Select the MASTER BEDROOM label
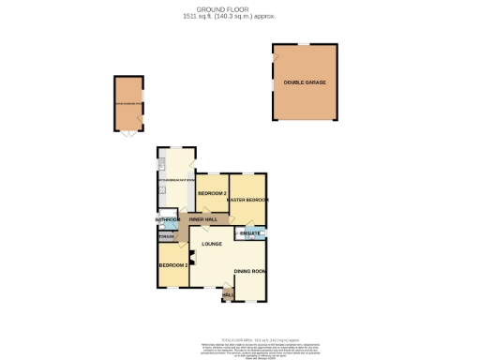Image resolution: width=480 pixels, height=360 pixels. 247,200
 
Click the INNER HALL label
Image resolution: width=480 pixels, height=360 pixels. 203,219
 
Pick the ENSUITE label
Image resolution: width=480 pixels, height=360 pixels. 249,232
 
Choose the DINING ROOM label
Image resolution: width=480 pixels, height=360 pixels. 250,272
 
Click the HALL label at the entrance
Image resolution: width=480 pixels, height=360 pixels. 227,294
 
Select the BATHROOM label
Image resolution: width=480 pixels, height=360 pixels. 168,220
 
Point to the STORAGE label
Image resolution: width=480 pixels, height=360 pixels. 167,237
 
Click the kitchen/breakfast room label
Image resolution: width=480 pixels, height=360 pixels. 176,178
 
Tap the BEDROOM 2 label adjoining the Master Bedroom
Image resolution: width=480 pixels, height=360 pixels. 212,193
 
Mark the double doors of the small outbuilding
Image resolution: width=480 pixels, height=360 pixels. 127,135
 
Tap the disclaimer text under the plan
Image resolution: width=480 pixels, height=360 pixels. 239,350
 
